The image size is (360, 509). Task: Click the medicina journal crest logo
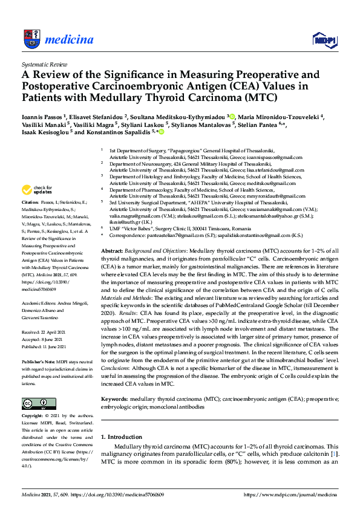coord(31,39)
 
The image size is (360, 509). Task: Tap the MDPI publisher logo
coord(324,40)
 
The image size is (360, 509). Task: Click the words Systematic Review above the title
coord(44,63)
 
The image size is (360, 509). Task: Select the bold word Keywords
coord(115,399)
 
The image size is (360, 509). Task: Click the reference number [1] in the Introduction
coord(332,453)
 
